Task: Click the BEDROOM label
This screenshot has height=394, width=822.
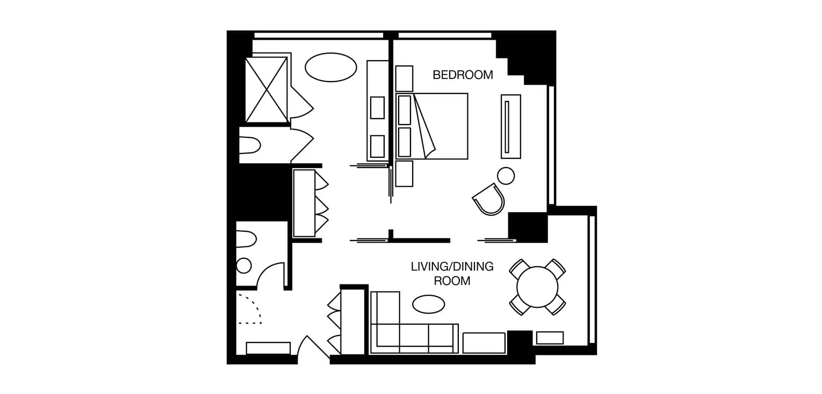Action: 463,75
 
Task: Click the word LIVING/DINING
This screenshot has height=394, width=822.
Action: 452,266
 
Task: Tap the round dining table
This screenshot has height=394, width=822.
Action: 537,287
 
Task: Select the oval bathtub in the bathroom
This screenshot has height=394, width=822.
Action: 330,67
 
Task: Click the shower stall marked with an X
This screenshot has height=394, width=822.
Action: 266,90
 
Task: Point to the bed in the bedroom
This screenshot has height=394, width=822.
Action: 431,126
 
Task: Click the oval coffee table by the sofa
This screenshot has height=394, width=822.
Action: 428,304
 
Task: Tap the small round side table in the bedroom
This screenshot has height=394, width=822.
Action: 506,176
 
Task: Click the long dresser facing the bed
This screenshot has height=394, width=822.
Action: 511,127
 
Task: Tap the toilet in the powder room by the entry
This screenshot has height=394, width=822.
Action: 246,239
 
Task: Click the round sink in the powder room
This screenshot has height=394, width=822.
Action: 244,266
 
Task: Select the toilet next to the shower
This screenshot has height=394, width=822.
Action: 249,145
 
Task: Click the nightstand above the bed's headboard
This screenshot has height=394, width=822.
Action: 404,78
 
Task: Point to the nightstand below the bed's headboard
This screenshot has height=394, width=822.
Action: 404,174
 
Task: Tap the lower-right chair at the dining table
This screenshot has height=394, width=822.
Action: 555,304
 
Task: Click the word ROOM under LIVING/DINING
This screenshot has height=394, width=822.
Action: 452,281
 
